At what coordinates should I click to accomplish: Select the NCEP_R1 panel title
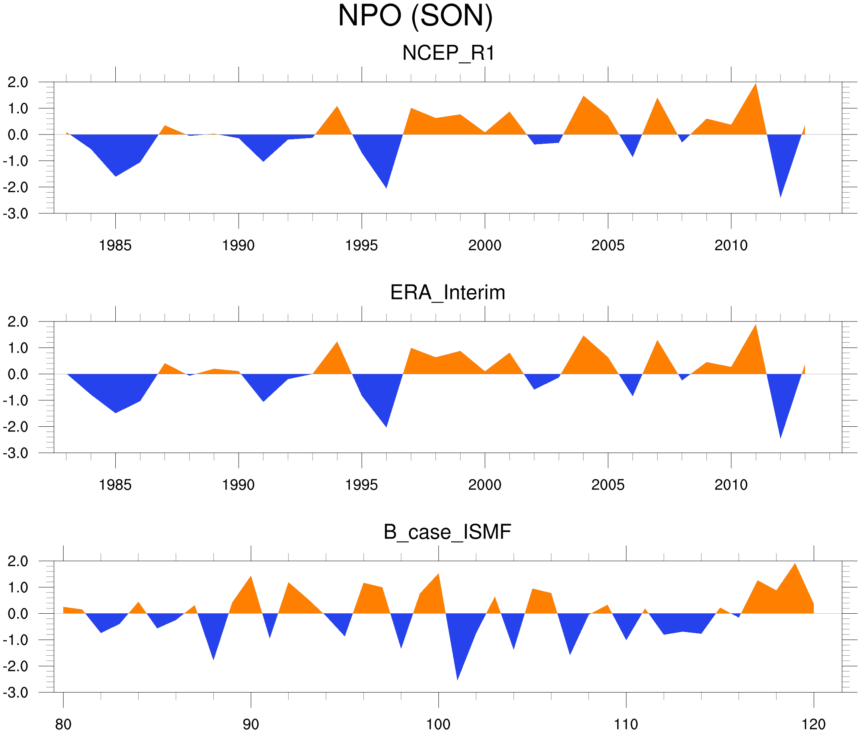448,53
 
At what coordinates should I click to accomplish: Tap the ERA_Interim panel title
448,293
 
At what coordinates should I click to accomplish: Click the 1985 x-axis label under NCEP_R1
115,245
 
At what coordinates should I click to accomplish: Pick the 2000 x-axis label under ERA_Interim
484,485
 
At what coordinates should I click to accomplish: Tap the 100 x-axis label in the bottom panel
438,725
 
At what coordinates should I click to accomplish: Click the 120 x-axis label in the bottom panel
813,725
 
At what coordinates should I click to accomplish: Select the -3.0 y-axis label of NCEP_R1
16,214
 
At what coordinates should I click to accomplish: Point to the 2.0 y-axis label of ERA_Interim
18,321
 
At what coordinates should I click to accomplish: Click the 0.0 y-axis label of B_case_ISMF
18,614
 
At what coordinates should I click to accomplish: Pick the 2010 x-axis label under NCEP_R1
731,245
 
